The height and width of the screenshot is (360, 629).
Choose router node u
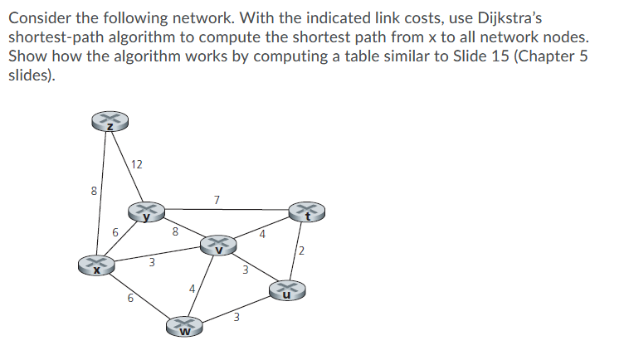tap(287, 289)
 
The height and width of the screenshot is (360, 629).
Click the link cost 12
tap(137, 164)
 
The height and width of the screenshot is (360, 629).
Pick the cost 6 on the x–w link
tap(130, 299)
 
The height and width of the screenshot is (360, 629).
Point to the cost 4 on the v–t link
tap(262, 235)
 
